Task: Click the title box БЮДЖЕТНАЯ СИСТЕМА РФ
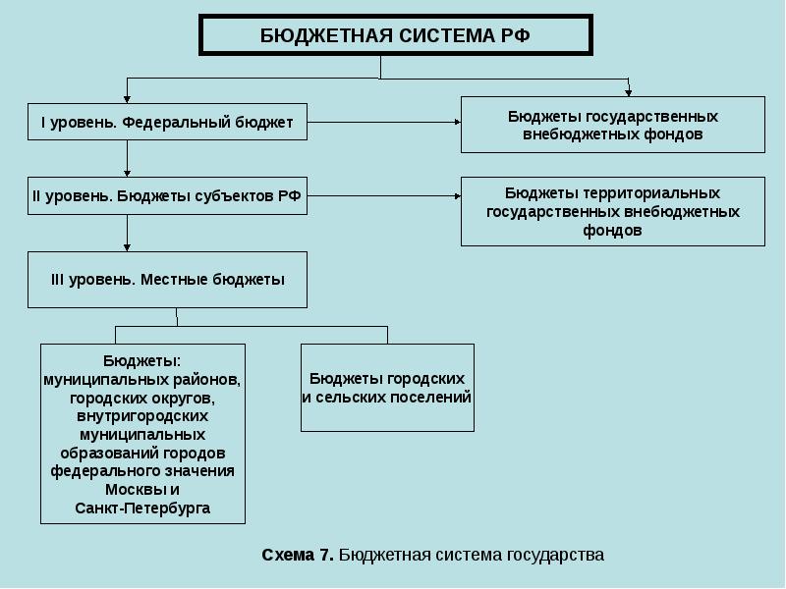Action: [396, 35]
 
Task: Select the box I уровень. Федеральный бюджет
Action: [167, 123]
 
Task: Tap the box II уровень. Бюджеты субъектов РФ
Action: [167, 196]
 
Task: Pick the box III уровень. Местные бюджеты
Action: [167, 280]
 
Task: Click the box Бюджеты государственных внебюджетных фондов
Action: [612, 125]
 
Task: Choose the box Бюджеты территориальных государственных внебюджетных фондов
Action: [612, 211]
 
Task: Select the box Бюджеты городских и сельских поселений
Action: [387, 388]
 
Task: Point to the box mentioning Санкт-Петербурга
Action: [142, 433]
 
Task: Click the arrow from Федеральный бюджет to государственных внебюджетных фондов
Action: [383, 123]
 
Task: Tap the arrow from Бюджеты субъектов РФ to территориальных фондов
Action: [383, 196]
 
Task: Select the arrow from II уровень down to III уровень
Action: [128, 234]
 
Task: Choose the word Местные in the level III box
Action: [174, 280]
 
